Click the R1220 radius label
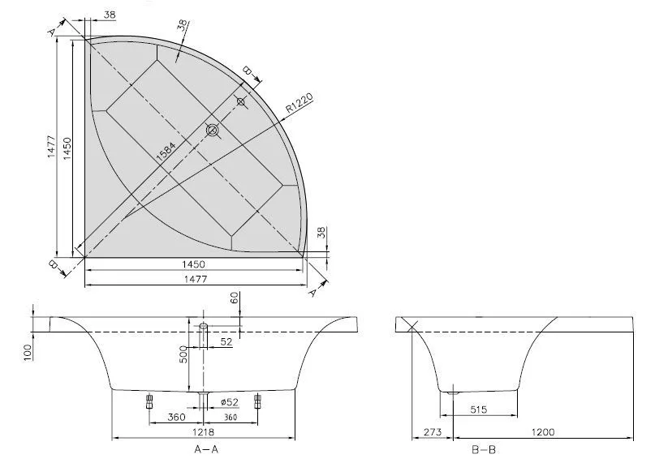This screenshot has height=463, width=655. pos(299,105)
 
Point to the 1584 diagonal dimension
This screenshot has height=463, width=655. pos(170,150)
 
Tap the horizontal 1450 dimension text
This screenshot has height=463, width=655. pos(193,264)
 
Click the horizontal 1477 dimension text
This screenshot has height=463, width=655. pos(193,279)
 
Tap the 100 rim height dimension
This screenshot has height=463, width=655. pos(28,350)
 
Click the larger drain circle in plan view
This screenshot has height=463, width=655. pos(213,130)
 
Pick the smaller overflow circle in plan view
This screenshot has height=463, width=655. pos(241,101)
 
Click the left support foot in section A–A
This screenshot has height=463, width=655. pos(149,401)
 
